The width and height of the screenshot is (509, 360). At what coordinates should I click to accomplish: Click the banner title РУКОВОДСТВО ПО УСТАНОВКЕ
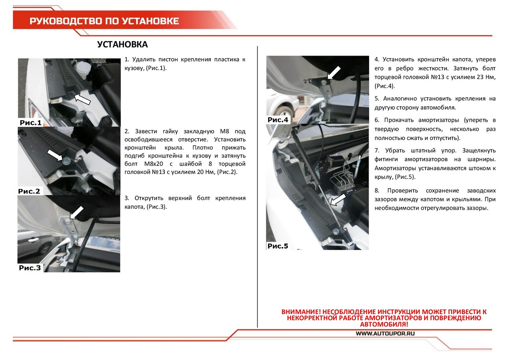click(104, 21)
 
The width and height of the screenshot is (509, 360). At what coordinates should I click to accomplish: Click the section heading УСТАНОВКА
click(123, 44)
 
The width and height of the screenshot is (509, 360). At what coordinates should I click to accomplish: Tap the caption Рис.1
click(31, 123)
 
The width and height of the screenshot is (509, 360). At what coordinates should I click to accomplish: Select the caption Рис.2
click(29, 191)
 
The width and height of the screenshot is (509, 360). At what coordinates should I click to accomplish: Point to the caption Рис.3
click(30, 268)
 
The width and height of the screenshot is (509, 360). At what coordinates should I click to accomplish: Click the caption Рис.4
click(278, 120)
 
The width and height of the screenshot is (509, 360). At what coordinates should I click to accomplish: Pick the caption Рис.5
click(278, 246)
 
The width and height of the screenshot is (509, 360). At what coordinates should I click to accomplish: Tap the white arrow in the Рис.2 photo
click(55, 155)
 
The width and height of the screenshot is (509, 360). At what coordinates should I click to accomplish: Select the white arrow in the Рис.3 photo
click(77, 213)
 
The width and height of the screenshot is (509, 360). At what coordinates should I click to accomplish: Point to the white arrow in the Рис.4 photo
click(334, 73)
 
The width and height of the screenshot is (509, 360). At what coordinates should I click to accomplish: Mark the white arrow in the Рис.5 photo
click(338, 200)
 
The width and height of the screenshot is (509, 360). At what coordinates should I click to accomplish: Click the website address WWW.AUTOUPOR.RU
click(385, 334)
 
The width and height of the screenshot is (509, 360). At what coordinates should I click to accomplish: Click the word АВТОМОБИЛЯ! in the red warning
click(384, 324)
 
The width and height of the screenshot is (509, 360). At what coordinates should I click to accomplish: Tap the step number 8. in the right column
click(377, 191)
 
